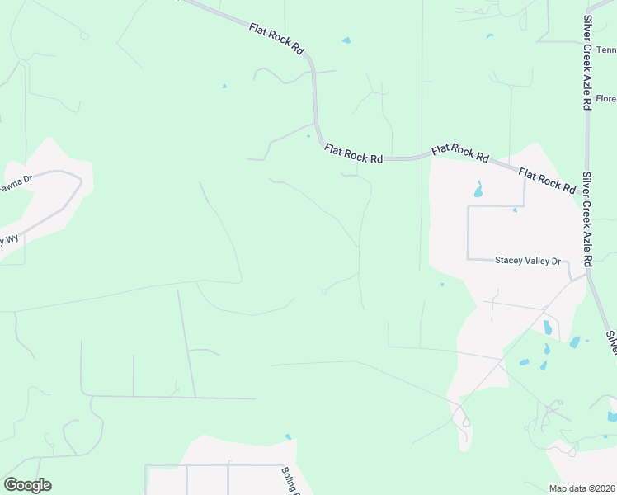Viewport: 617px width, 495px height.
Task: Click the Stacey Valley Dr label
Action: tap(527, 261)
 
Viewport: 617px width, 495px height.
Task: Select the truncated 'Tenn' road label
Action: tap(606, 49)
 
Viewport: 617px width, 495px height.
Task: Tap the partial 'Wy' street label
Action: tap(9, 240)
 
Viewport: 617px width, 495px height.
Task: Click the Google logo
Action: tap(27, 484)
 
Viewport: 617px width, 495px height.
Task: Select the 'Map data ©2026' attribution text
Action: tap(581, 488)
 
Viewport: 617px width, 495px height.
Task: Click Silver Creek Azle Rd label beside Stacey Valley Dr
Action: tap(587, 219)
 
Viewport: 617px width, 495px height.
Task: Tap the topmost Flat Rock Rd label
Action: tap(276, 39)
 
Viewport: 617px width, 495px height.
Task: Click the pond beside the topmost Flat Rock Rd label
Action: tap(346, 40)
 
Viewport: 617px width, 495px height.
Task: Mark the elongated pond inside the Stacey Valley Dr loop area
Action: tap(478, 190)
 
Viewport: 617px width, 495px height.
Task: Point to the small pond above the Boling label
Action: tap(288, 436)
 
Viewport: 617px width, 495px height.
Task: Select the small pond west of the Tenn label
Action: tap(489, 35)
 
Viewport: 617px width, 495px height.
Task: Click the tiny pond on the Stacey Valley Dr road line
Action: tap(515, 210)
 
